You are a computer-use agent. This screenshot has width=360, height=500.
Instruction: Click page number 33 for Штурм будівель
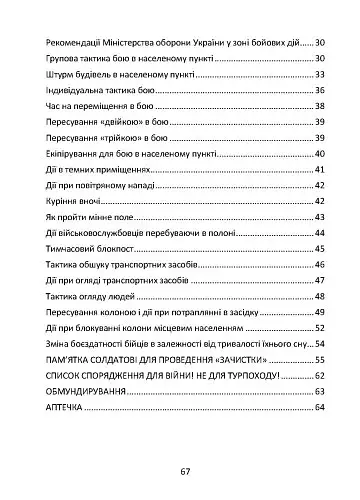point(320,75)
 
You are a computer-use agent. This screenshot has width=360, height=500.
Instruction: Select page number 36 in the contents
point(320,90)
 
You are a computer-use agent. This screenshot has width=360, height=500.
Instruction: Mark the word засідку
point(273,313)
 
